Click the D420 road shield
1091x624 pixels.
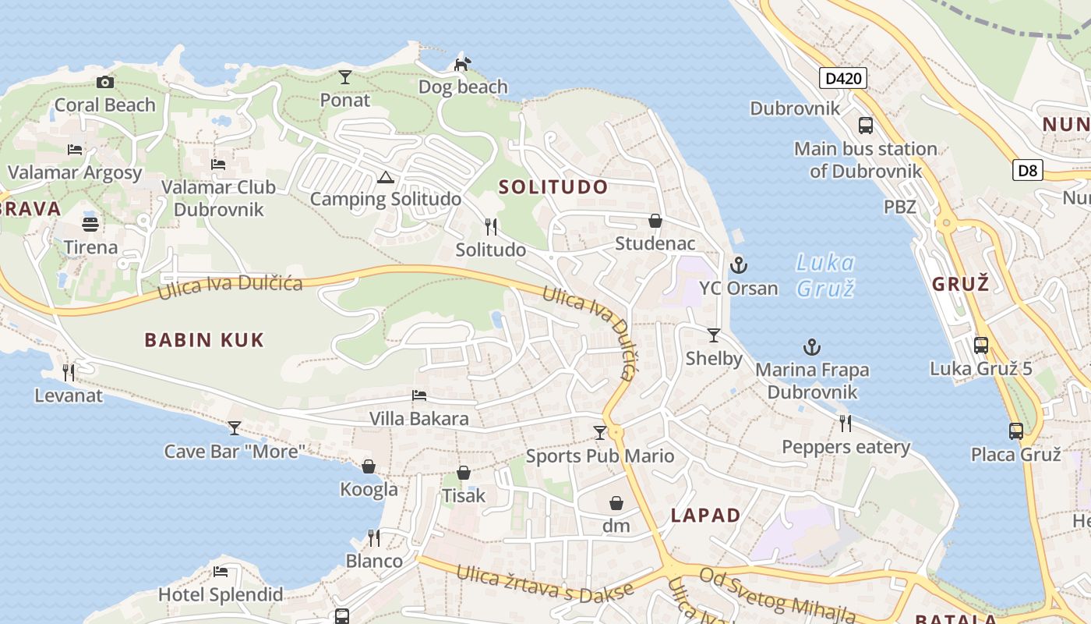[x=842, y=78]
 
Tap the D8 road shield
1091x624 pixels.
[x=1028, y=170]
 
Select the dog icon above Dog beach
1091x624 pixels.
[x=462, y=63]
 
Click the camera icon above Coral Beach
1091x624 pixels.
[x=105, y=82]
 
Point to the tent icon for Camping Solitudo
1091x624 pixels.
[x=385, y=178]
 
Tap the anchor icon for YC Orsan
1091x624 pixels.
[x=738, y=266]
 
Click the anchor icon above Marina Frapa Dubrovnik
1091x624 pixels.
[x=812, y=347]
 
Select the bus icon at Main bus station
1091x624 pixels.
[x=865, y=126]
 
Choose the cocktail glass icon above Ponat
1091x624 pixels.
[x=345, y=77]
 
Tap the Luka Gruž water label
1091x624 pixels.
[x=825, y=275]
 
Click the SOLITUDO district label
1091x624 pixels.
[x=553, y=187]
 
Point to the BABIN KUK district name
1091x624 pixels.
[x=204, y=340]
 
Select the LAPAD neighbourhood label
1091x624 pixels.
[x=705, y=516]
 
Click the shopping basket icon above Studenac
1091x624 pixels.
[x=655, y=222]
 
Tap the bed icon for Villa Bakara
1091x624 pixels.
[x=419, y=396]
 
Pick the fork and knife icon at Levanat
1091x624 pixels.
[x=69, y=373]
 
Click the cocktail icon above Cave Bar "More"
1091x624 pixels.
[x=234, y=428]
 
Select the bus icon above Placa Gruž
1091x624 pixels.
[x=1015, y=431]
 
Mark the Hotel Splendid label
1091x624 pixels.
[x=221, y=594]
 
